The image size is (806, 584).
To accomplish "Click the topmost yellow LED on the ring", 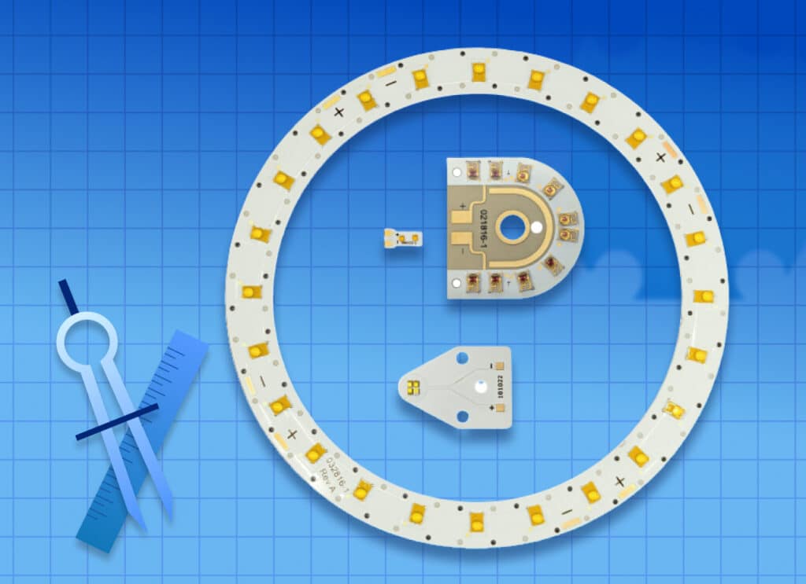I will [x=478, y=72].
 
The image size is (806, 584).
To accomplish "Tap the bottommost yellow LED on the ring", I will [x=476, y=520].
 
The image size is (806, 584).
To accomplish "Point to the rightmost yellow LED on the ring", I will [x=703, y=296].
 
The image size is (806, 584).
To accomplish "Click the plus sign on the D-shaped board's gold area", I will [x=462, y=206].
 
